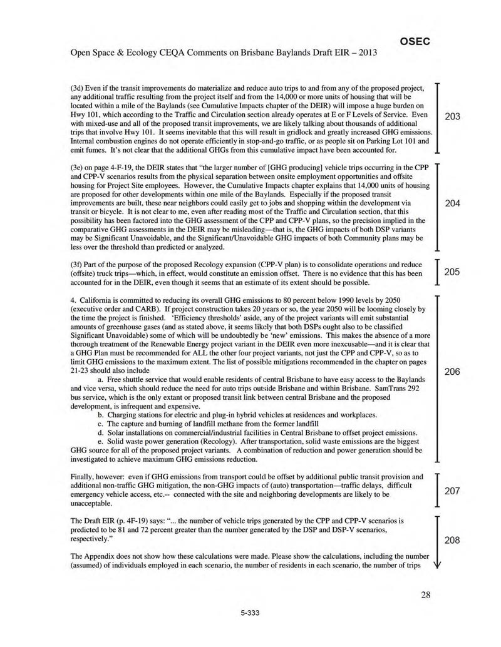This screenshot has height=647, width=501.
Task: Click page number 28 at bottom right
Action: (x=425, y=594)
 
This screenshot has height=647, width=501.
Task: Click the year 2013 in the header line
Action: (x=367, y=52)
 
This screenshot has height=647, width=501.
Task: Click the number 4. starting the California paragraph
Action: (x=74, y=301)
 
